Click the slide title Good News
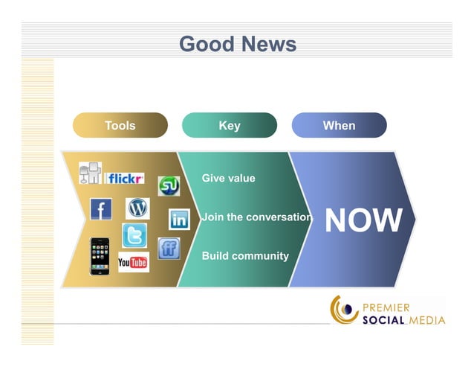(238, 44)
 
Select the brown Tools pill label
(120, 126)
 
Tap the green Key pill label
(230, 126)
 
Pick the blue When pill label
(339, 126)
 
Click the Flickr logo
(126, 179)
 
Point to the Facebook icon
(100, 209)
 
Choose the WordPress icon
(137, 208)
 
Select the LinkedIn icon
(179, 220)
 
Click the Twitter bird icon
(134, 236)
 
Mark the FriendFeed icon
(169, 249)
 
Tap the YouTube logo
(133, 262)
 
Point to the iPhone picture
(100, 256)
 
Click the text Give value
(228, 179)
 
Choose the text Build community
(245, 256)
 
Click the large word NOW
(364, 220)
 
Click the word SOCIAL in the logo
(383, 321)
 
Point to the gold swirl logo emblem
(344, 310)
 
